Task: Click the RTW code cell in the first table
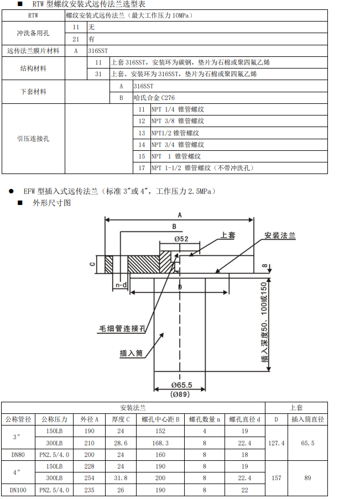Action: tap(33, 15)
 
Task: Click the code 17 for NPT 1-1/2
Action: tap(142, 168)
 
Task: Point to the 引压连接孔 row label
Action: tap(33, 139)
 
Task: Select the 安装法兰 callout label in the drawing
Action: tap(280, 235)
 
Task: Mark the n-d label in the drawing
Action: tap(121, 285)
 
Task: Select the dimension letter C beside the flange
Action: tap(92, 264)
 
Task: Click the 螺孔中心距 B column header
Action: tap(160, 419)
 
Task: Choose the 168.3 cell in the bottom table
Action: tap(160, 443)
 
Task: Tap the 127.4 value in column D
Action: tap(276, 443)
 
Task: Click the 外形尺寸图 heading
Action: tap(52, 203)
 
